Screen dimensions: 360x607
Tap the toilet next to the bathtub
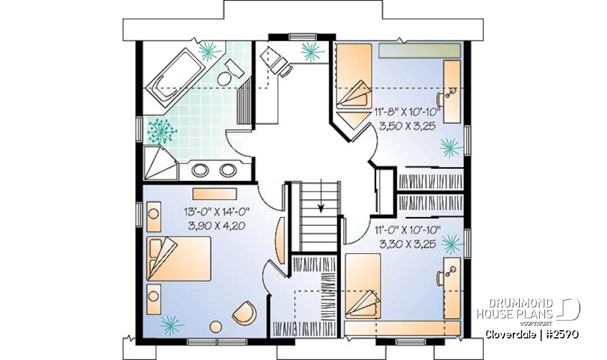coord(224,77)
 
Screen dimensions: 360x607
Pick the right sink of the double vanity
coord(226,170)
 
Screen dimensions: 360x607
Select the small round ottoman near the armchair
coord(216,326)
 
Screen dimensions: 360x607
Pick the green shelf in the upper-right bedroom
coord(419,51)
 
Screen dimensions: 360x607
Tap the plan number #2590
coord(560,335)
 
